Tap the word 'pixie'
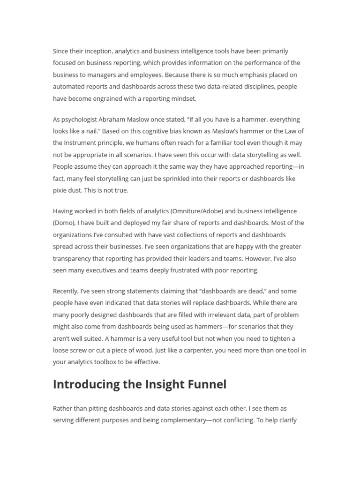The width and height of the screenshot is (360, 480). tap(60, 190)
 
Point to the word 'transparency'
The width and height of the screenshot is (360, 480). tap(72, 258)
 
